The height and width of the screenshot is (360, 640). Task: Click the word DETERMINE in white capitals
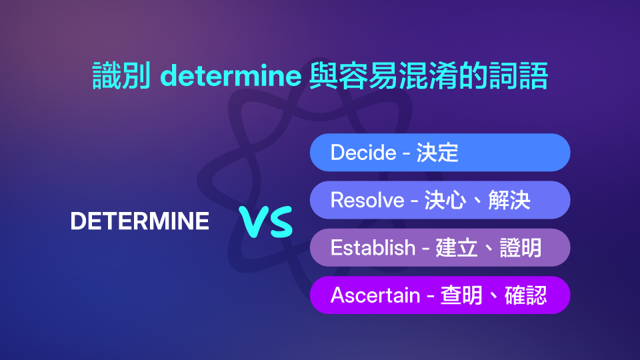pyautogui.click(x=139, y=221)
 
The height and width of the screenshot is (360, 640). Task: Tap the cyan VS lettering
pyautogui.click(x=267, y=222)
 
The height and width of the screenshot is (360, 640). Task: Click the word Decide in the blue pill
pyautogui.click(x=363, y=153)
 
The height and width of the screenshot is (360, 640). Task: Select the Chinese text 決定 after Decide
pyautogui.click(x=437, y=153)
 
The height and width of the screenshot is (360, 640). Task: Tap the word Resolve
pyautogui.click(x=367, y=200)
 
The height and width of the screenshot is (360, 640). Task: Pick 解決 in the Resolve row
pyautogui.click(x=509, y=200)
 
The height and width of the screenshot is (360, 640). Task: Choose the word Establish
pyautogui.click(x=373, y=247)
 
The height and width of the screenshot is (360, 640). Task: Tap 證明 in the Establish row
pyautogui.click(x=520, y=247)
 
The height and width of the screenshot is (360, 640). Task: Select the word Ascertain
pyautogui.click(x=375, y=295)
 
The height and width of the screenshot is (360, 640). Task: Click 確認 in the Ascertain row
pyautogui.click(x=525, y=295)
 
